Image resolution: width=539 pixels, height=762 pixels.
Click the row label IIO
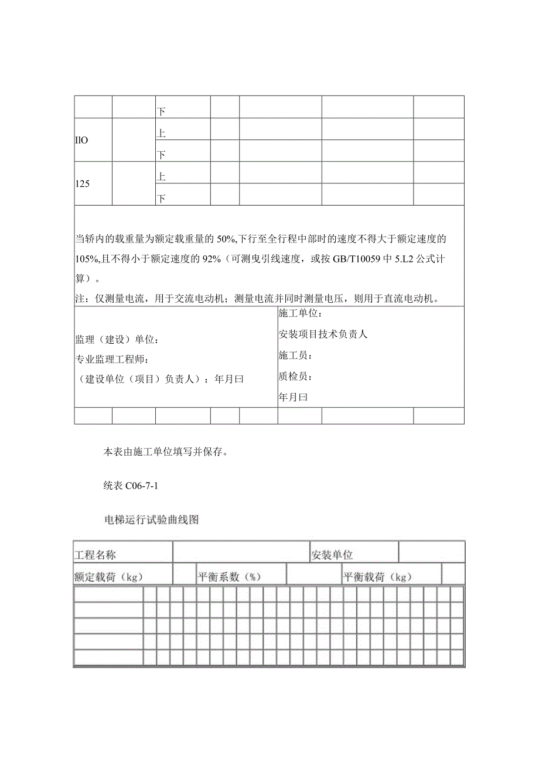[82, 141]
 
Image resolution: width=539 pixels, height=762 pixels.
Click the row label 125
[82, 183]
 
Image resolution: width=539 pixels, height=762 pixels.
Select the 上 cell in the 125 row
[161, 176]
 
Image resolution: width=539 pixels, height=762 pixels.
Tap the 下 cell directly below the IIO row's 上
[161, 155]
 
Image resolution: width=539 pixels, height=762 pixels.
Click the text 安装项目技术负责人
[323, 334]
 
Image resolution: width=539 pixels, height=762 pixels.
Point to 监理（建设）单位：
[117, 340]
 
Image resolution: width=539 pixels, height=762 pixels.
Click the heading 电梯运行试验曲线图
[151, 519]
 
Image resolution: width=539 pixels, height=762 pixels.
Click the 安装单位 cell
[332, 555]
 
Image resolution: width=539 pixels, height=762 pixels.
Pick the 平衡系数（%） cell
[229, 576]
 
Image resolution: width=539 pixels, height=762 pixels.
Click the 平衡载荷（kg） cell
[378, 576]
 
